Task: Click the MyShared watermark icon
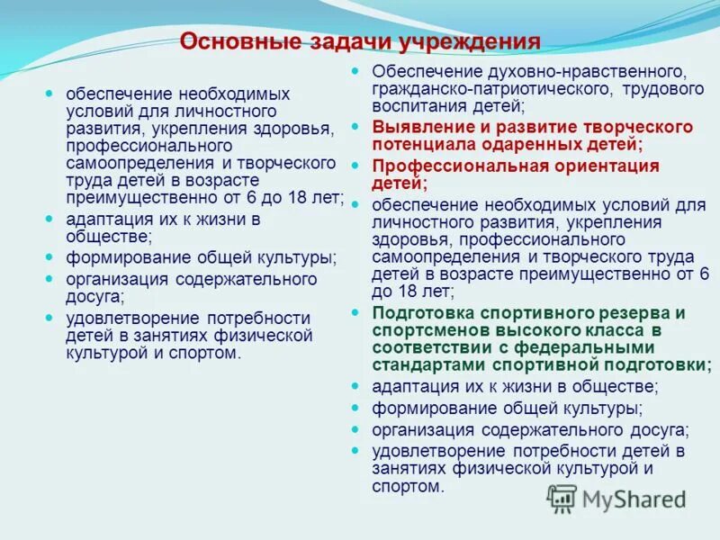pos(562,498)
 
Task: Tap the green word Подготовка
pos(424,312)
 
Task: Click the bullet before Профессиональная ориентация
pos(355,166)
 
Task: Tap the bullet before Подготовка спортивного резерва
pos(355,312)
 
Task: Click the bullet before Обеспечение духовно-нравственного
pos(355,71)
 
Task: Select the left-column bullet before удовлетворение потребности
pos(49,318)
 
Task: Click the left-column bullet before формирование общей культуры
pos(49,257)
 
